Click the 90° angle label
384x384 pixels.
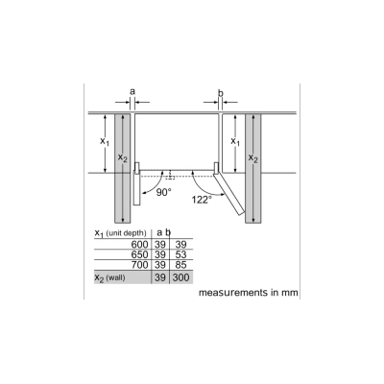click(164, 192)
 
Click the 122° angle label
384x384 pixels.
click(202, 200)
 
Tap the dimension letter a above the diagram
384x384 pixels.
click(132, 92)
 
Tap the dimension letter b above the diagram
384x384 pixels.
click(221, 93)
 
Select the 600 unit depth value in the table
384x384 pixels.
click(139, 245)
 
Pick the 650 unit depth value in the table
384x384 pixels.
click(139, 254)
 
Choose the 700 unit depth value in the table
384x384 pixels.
click(139, 265)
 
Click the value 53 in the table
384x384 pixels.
click(180, 254)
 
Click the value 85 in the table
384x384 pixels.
click(180, 265)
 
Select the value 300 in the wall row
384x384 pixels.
click(180, 277)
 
